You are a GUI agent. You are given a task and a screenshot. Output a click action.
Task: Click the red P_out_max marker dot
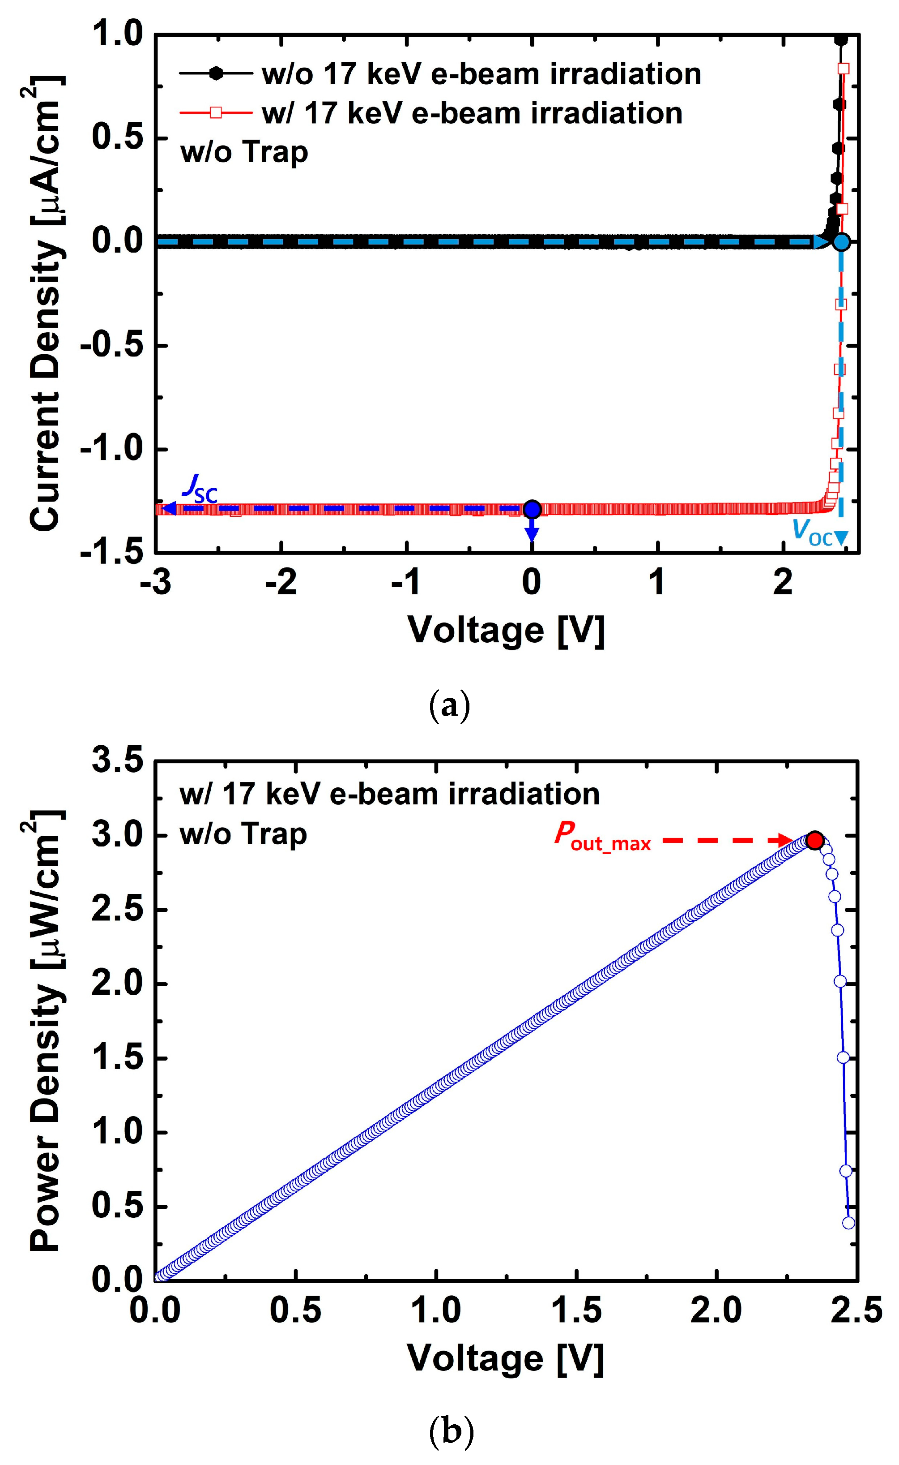[x=814, y=840]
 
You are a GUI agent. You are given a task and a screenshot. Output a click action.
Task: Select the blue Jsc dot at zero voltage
[x=532, y=509]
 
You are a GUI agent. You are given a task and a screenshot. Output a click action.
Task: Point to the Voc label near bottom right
[x=812, y=531]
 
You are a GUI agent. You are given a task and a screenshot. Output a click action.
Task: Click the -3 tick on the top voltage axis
[x=156, y=583]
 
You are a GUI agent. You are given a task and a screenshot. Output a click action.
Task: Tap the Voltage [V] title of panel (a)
[x=506, y=631]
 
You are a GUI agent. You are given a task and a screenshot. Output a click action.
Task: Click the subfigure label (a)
[x=449, y=706]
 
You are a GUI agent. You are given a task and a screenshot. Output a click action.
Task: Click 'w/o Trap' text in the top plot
[x=244, y=152]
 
